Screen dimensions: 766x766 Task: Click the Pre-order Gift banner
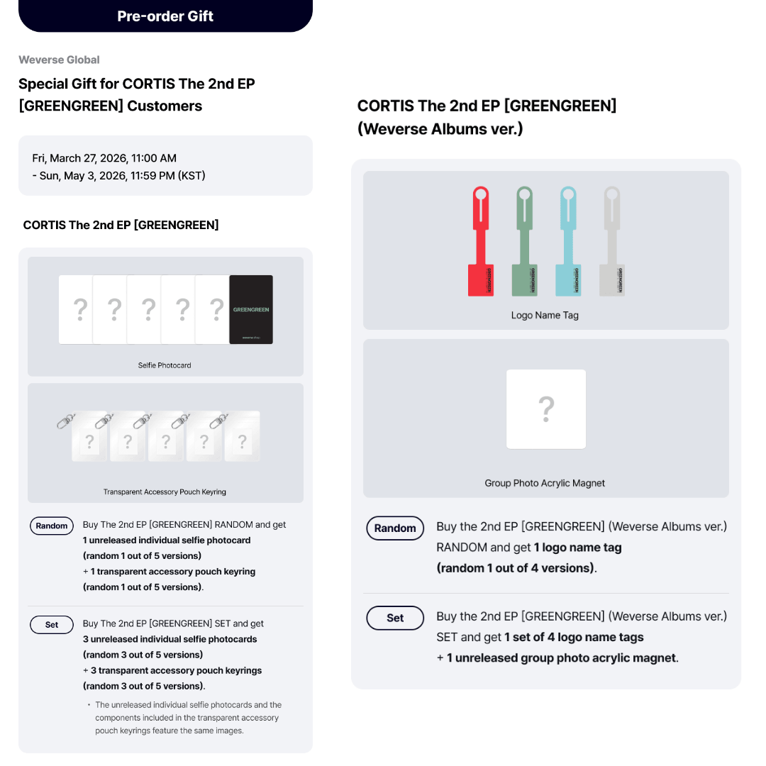coord(165,16)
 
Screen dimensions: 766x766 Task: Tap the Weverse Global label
coord(59,60)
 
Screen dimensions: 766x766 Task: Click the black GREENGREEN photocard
coord(251,310)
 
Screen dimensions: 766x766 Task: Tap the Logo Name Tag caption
coord(545,315)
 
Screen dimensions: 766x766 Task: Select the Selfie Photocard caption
coord(165,365)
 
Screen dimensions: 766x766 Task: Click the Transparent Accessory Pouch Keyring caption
coord(165,492)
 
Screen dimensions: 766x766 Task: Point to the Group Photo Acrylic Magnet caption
coord(545,483)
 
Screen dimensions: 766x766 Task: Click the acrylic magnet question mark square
coord(545,409)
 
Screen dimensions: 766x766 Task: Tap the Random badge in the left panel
coord(52,526)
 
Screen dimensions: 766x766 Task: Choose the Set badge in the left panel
coord(52,625)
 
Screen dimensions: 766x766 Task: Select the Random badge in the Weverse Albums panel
coord(395,528)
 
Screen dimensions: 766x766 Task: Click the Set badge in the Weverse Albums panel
coord(395,618)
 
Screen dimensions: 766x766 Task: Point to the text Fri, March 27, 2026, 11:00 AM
coord(104,158)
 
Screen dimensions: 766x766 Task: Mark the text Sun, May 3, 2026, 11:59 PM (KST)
coord(122,175)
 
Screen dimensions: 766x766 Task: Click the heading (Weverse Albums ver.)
coord(440,129)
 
